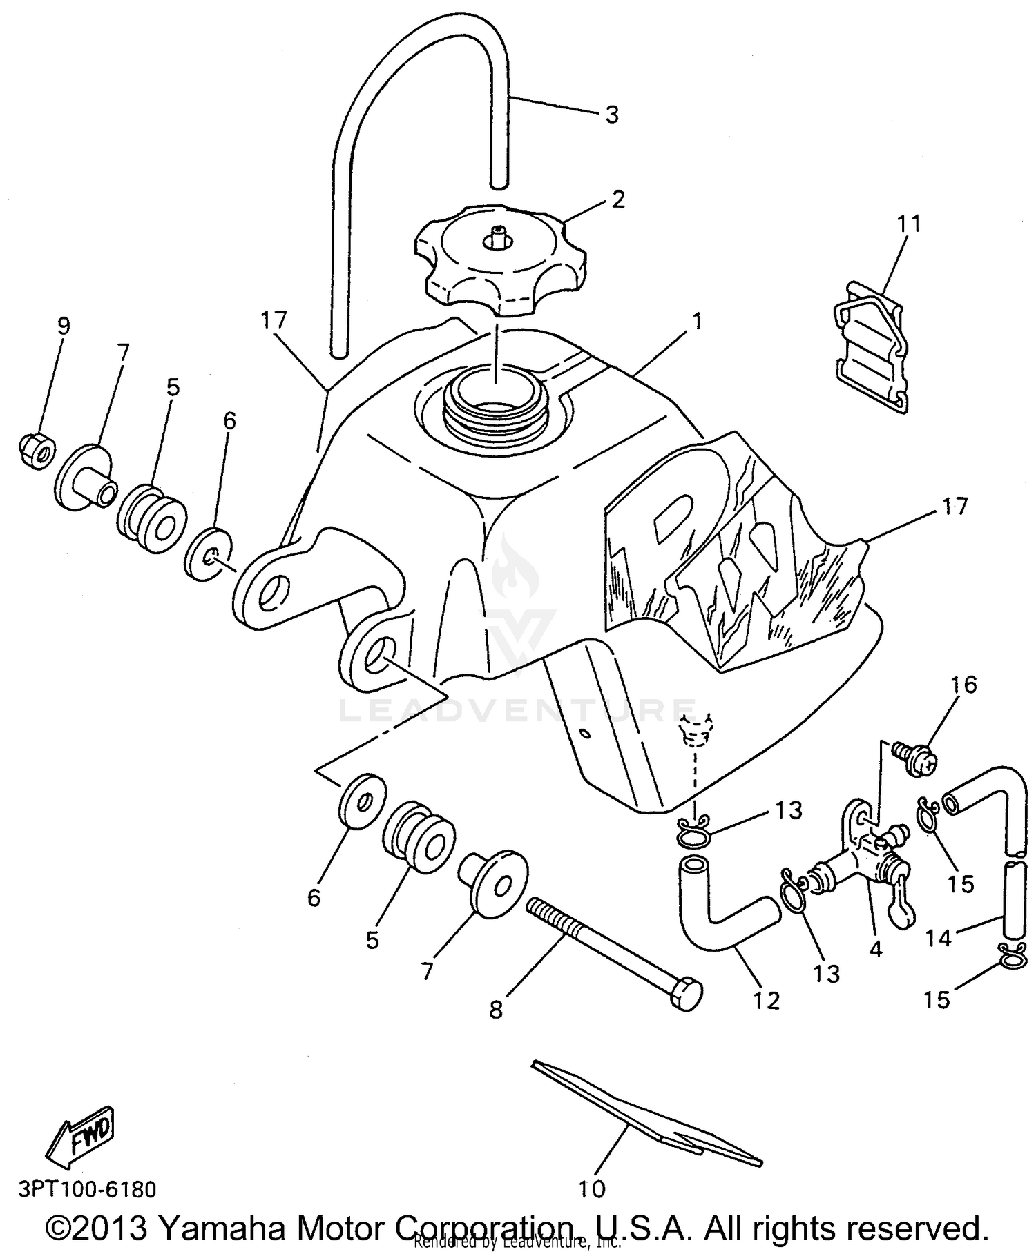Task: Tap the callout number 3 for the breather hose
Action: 612,115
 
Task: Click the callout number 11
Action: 909,224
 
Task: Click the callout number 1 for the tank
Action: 697,322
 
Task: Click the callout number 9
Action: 64,326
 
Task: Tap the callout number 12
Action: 767,1000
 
